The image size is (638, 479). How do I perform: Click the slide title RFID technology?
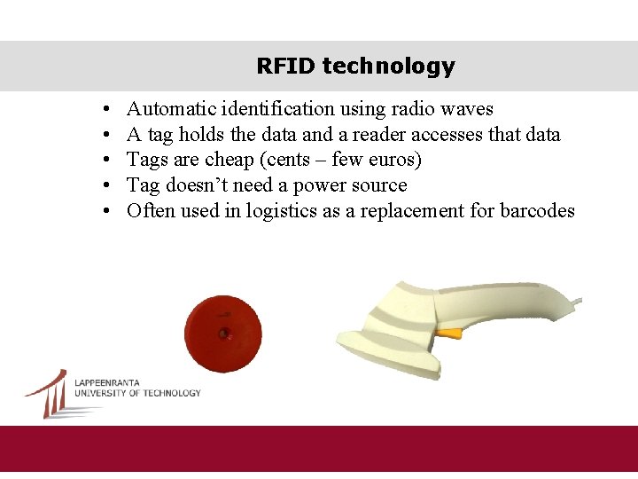[355, 66]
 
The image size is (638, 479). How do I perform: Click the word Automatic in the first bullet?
[167, 109]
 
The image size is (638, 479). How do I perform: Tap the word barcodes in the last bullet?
[537, 211]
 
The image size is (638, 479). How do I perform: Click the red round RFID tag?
[223, 334]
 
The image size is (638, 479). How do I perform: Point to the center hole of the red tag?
[224, 334]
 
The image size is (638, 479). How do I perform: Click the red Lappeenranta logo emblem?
[49, 393]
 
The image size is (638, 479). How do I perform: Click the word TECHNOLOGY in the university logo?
[172, 393]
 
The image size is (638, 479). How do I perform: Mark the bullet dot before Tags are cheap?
[105, 161]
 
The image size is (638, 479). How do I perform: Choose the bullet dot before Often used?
[105, 211]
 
